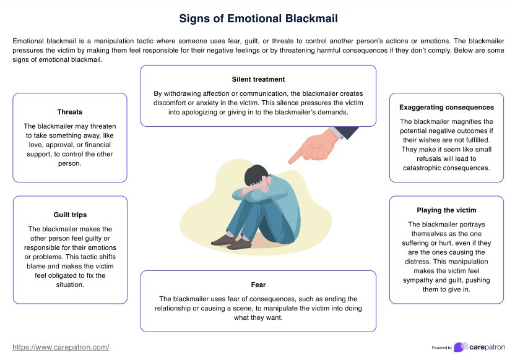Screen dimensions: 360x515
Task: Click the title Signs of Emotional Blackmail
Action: (x=258, y=18)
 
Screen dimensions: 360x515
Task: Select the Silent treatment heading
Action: (x=258, y=79)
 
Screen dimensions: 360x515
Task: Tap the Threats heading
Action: (x=69, y=112)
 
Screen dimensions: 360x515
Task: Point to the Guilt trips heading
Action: (x=70, y=215)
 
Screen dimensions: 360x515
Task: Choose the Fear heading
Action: (x=258, y=285)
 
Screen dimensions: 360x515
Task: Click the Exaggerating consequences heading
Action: (x=446, y=107)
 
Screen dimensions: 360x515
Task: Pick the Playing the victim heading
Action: (x=446, y=210)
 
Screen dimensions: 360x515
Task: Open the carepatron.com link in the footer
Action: (x=61, y=348)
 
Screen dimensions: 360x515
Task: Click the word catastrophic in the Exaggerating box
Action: (x=424, y=168)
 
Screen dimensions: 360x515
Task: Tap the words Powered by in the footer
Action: (x=441, y=348)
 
